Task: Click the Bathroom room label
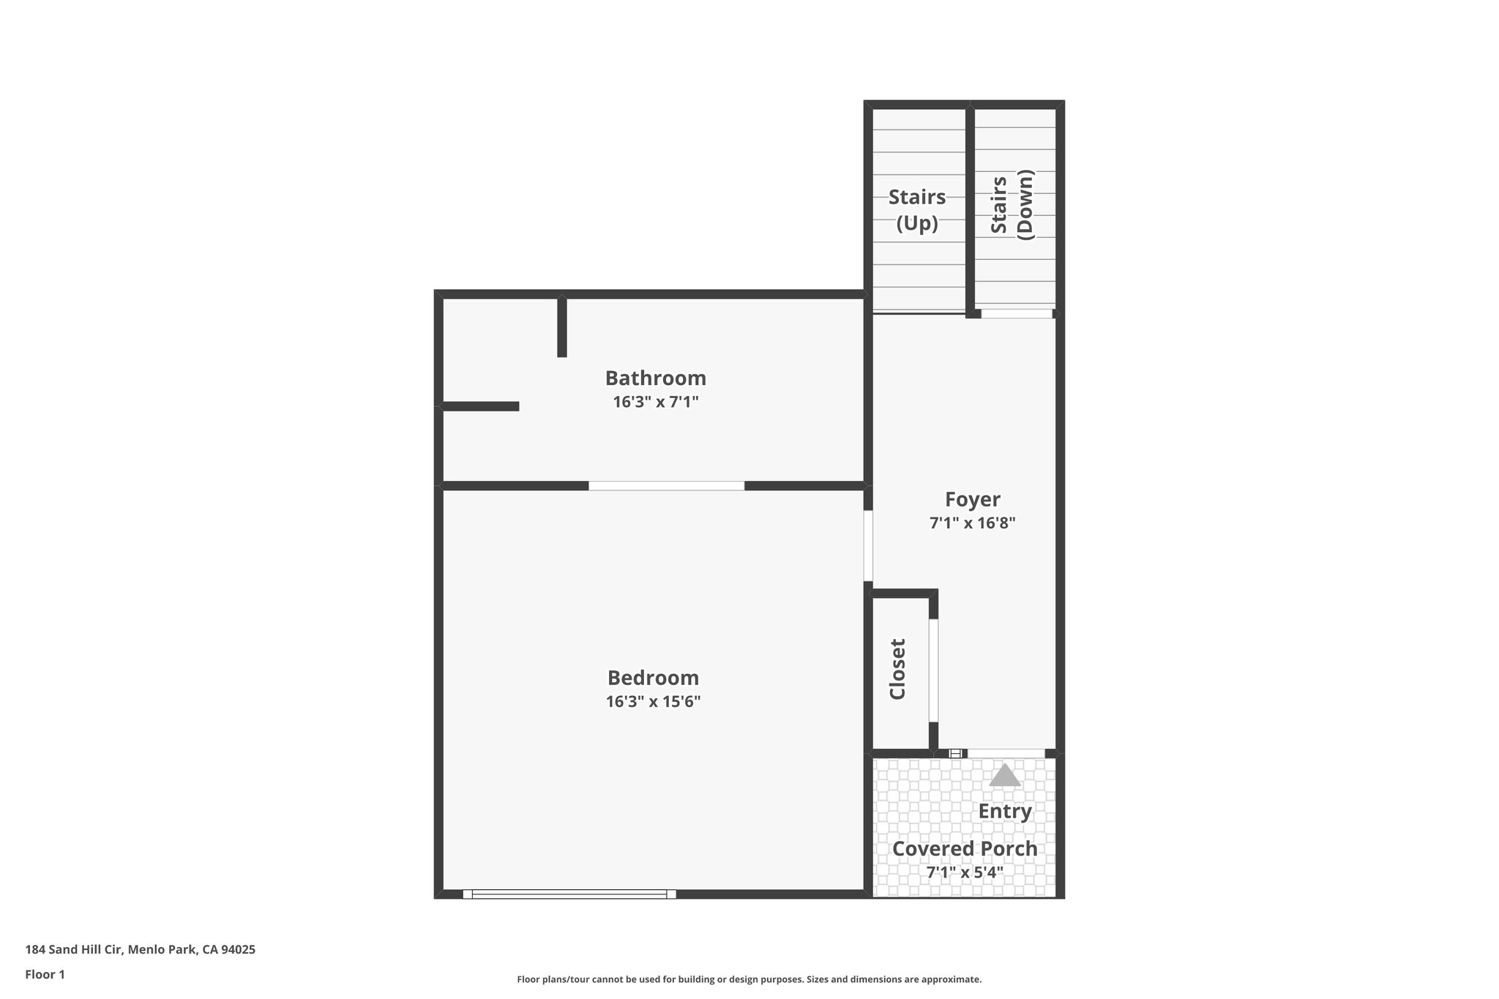655,378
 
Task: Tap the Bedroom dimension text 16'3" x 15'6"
653,702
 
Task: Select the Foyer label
972,499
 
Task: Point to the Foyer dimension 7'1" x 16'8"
972,523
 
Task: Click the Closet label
897,669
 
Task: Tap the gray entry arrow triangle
1004,776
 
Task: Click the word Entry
1005,811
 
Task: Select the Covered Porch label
965,849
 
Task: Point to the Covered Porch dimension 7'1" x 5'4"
965,872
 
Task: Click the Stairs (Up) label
917,209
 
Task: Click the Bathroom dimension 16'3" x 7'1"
656,402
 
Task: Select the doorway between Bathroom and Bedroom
666,486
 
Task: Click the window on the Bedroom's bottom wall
569,894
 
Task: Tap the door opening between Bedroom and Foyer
868,545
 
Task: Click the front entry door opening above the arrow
1006,753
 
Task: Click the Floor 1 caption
45,975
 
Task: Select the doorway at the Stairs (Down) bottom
1016,313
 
